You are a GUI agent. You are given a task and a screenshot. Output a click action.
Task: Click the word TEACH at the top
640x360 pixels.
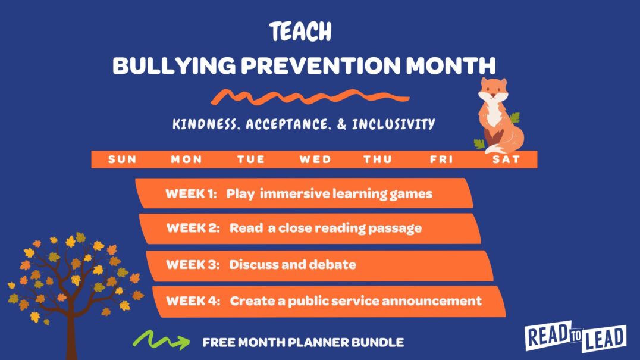(x=300, y=32)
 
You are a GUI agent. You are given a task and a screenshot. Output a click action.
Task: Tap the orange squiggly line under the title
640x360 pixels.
(x=310, y=97)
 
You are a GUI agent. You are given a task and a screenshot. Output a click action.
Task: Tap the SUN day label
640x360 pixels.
(x=122, y=159)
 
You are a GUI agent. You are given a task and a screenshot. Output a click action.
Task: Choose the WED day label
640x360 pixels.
(x=315, y=159)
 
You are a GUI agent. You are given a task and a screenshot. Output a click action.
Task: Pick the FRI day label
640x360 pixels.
(x=442, y=159)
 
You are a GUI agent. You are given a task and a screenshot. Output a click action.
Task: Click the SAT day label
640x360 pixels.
(x=506, y=159)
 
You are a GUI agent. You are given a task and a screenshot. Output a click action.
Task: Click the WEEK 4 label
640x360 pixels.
(x=189, y=300)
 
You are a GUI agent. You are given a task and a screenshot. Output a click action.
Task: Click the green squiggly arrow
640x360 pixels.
(x=160, y=340)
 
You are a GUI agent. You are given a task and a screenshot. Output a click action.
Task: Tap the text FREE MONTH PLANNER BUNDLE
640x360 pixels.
(x=303, y=343)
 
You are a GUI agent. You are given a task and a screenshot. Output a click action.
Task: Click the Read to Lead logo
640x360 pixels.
(x=575, y=337)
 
